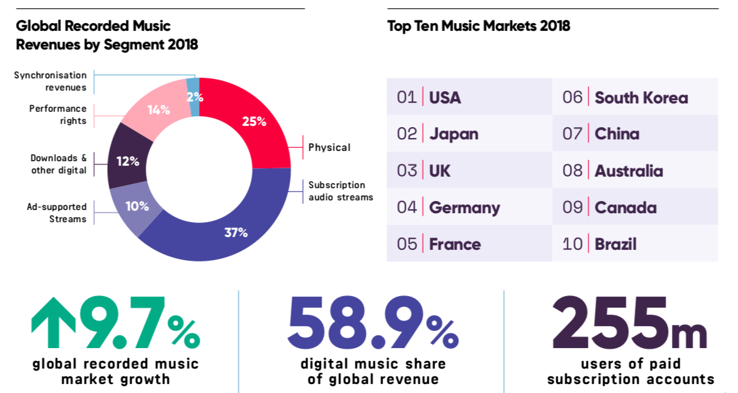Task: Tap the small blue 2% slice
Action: (193, 97)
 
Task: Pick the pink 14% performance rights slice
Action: (158, 109)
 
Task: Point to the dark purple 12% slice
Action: (128, 161)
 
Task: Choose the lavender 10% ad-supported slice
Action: (137, 207)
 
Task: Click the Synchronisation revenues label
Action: (51, 82)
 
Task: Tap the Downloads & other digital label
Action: (58, 164)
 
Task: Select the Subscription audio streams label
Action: (340, 191)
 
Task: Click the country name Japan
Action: (454, 134)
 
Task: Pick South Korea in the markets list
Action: (641, 98)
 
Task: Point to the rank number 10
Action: (572, 244)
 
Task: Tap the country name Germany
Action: (464, 207)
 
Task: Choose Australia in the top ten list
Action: (628, 171)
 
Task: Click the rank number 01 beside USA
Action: (407, 98)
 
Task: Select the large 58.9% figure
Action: (372, 324)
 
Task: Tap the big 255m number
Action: (629, 324)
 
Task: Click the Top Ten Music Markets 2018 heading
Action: (478, 26)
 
